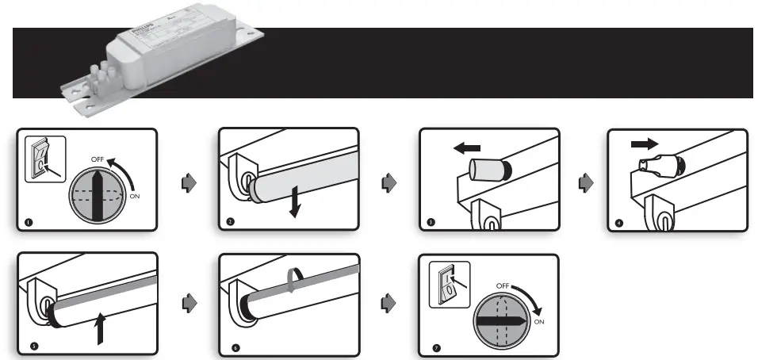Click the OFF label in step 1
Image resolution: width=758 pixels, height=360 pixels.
click(98, 159)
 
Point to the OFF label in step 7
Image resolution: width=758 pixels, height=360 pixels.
click(503, 285)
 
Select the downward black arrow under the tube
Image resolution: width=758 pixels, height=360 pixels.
click(294, 204)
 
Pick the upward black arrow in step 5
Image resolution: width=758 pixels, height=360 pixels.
click(101, 327)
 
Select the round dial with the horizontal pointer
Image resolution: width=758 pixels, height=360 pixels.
click(499, 320)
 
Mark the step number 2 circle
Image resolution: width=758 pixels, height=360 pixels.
click(229, 222)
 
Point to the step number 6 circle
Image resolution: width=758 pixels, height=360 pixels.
click(235, 347)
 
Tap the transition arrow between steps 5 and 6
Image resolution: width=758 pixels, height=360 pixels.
click(189, 303)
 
